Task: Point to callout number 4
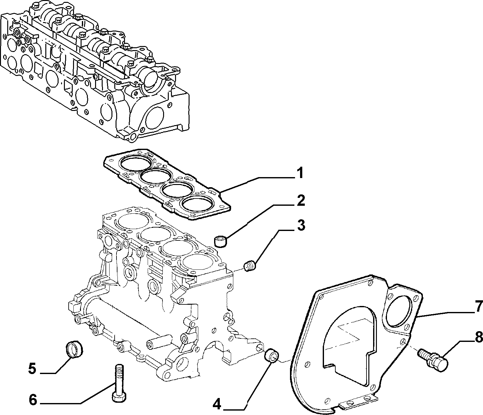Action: pos(217,404)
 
